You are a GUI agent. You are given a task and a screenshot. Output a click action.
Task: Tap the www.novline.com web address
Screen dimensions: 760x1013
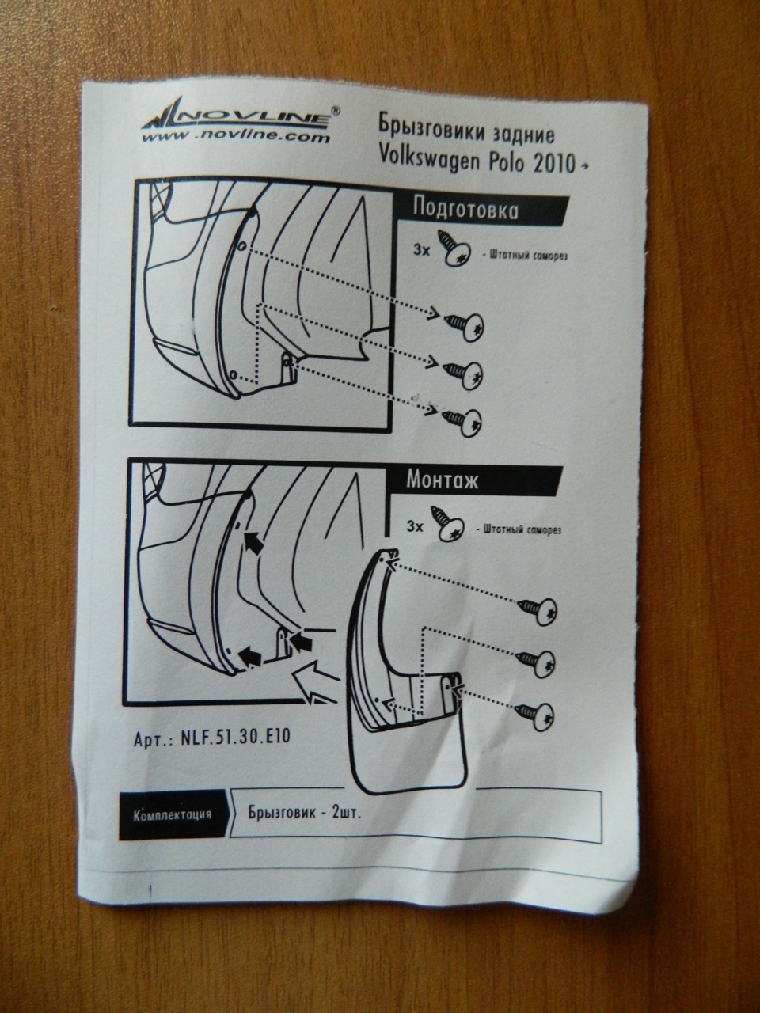(236, 138)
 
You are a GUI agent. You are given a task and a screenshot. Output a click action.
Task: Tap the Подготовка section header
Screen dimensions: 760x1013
(465, 210)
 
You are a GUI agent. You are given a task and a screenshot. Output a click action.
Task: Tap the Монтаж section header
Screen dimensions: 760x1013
(442, 480)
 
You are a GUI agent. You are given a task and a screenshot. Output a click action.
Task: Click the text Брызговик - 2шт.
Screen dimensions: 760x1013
(305, 812)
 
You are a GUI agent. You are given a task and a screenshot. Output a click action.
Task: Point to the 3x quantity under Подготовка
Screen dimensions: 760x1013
(422, 251)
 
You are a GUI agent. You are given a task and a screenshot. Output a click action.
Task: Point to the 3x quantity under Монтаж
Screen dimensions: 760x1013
(415, 526)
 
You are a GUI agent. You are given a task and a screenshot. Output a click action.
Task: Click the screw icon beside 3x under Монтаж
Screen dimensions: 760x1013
(447, 524)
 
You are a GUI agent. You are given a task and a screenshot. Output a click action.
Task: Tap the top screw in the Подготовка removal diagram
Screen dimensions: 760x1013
(464, 326)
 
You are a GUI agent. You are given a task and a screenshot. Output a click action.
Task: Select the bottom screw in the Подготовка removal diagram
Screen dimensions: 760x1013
(462, 422)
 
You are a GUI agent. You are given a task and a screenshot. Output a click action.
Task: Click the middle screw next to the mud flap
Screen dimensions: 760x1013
(536, 662)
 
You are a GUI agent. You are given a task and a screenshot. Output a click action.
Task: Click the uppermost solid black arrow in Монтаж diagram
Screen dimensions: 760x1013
(254, 541)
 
